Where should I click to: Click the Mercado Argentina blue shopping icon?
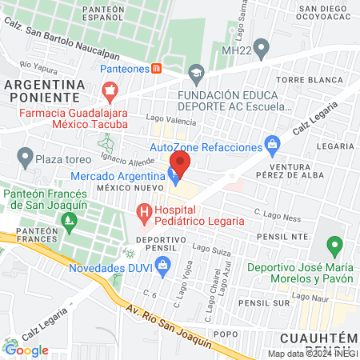click(174, 176)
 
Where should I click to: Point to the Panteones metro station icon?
click(156, 69)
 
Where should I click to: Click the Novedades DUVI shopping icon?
click(163, 269)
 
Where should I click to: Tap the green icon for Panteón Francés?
click(70, 218)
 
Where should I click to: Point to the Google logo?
click(26, 349)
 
